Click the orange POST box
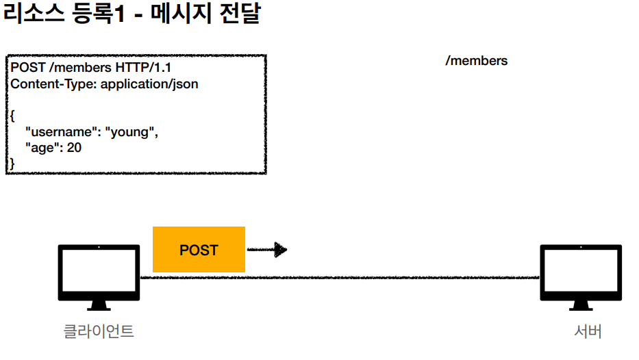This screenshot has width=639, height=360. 199,250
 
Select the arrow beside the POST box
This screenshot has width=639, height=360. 267,250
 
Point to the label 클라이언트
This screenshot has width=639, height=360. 99,332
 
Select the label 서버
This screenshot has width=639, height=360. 588,332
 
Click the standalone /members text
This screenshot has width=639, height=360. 477,61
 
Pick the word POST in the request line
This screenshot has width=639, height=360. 28,68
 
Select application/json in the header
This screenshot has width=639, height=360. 149,84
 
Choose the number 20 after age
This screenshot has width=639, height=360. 74,147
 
